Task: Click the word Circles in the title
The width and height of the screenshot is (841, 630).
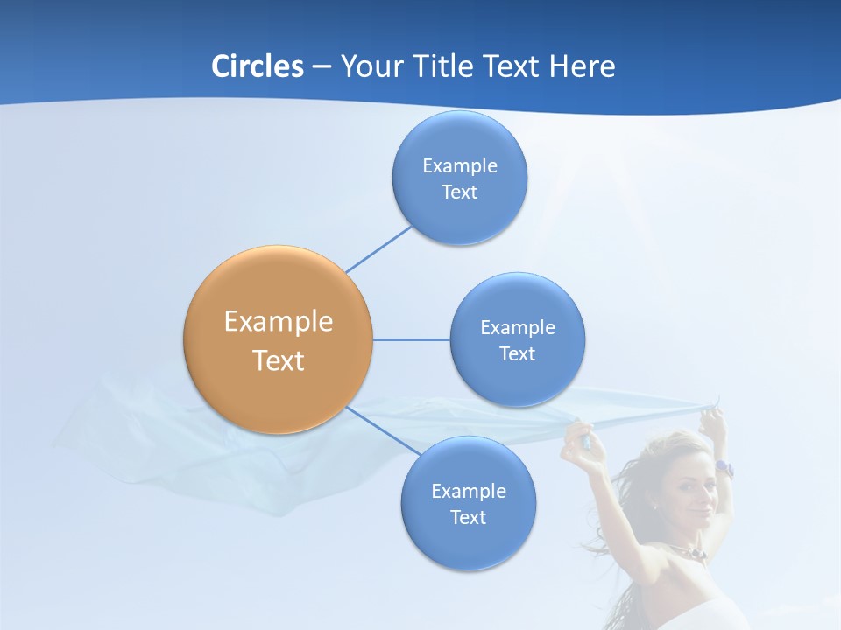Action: coord(257,66)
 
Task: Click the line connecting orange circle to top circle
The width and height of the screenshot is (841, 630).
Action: coord(378,248)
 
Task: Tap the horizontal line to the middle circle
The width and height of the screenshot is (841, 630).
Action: coord(411,339)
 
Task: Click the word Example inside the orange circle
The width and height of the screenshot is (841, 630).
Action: coord(278,321)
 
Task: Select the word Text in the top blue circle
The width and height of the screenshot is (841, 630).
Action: coord(459,192)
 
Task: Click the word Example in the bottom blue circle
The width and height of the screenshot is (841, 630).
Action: coord(468,491)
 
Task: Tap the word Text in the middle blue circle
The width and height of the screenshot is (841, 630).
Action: coord(517,354)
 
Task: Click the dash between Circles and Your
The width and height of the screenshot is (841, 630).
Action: coord(322,67)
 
